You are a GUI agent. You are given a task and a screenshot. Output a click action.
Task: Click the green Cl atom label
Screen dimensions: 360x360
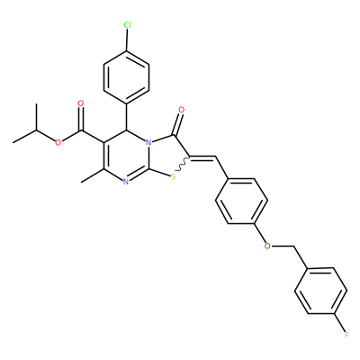(x=127, y=25)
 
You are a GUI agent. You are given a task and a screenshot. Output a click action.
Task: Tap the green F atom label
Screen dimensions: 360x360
(x=346, y=335)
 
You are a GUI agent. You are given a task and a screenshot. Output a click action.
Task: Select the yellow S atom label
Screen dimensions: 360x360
(x=173, y=177)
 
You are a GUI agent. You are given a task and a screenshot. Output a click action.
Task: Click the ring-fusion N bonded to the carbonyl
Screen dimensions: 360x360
(x=148, y=142)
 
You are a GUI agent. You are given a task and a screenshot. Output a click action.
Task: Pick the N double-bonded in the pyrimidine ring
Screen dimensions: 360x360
(x=126, y=182)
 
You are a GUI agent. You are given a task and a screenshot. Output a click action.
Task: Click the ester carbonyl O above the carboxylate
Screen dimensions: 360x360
(x=80, y=103)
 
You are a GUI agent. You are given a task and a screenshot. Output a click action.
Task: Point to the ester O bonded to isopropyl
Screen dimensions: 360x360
(x=58, y=142)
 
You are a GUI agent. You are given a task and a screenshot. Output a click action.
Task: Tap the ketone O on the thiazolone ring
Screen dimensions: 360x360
(x=181, y=110)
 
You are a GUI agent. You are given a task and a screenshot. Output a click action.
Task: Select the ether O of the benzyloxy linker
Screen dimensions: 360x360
(x=267, y=247)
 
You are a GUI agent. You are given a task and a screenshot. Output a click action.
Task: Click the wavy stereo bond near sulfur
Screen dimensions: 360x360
(x=183, y=164)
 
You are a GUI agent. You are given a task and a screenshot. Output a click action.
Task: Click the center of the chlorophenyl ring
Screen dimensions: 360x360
(x=126, y=77)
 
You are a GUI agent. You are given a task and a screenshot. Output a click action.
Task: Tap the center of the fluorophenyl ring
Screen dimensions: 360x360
(x=321, y=291)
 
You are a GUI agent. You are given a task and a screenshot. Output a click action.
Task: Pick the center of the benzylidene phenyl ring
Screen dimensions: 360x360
(x=241, y=201)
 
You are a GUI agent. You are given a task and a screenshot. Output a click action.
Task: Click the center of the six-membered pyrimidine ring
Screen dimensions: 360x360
(x=126, y=156)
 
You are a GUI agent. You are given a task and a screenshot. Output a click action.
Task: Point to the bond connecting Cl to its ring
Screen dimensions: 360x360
(x=127, y=40)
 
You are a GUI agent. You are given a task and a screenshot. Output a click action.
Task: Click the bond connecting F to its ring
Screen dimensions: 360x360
(x=339, y=323)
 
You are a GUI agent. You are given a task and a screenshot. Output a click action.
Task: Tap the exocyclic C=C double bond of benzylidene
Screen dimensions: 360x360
(x=203, y=157)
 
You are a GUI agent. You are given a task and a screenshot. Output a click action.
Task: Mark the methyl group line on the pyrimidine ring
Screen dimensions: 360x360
(x=93, y=175)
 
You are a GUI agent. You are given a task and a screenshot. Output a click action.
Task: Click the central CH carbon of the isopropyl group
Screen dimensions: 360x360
(x=36, y=130)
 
